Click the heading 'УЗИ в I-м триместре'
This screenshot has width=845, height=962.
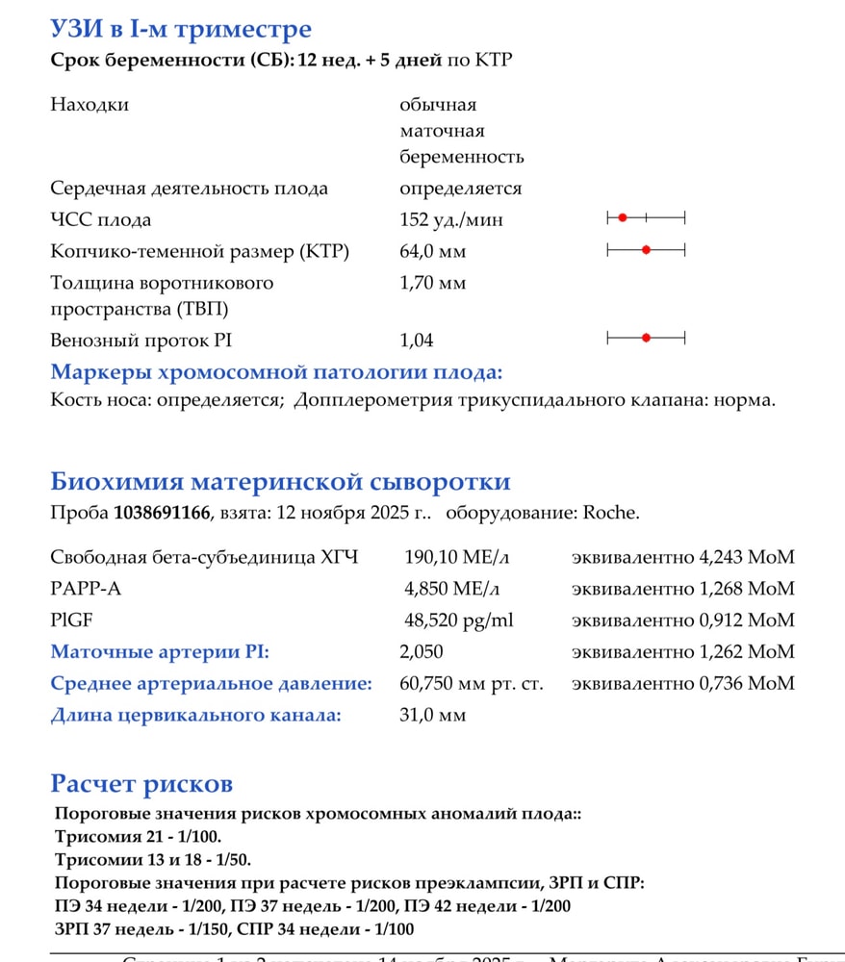tap(180, 30)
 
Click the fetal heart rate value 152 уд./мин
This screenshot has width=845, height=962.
tap(450, 220)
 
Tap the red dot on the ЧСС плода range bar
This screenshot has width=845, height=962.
tap(623, 218)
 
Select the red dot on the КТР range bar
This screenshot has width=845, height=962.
tap(646, 250)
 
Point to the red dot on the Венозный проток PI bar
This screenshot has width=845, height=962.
tap(646, 338)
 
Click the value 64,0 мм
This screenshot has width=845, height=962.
tap(432, 252)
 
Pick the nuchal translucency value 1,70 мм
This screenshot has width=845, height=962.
tap(432, 284)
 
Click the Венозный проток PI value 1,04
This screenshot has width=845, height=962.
tap(416, 341)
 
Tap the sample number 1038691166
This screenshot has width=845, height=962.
tap(162, 513)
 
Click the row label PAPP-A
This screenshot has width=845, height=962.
tap(81, 589)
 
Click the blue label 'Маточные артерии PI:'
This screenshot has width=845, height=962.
tap(160, 652)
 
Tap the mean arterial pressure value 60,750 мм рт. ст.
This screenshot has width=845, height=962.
tap(471, 684)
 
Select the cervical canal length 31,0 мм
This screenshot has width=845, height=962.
tap(432, 716)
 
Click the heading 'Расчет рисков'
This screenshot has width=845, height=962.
tap(141, 783)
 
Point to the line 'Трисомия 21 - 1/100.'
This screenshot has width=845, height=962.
tap(138, 837)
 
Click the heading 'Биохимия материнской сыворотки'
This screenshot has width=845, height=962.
tap(280, 482)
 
